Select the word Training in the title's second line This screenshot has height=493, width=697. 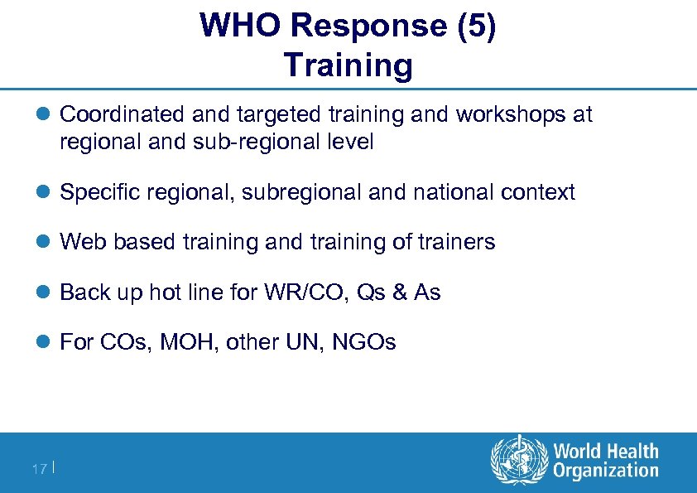pyautogui.click(x=348, y=65)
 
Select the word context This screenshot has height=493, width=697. pyautogui.click(x=538, y=192)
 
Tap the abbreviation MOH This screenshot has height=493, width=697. pyautogui.click(x=190, y=342)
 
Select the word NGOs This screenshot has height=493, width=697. pyautogui.click(x=364, y=342)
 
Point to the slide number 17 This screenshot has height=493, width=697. pyautogui.click(x=39, y=470)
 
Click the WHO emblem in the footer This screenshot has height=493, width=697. pyautogui.click(x=519, y=462)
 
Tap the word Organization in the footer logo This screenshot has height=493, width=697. pyautogui.click(x=606, y=471)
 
